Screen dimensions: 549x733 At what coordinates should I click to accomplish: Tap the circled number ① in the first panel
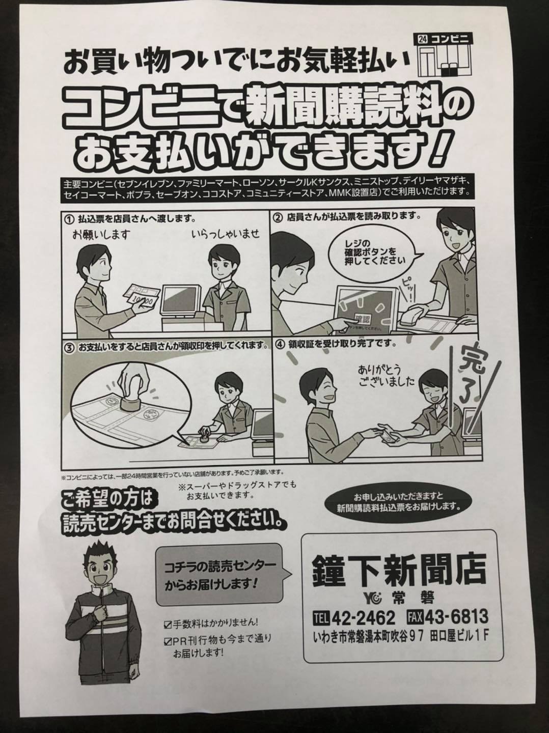click(x=69, y=219)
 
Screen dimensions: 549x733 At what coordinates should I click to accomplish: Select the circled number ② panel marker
click(x=278, y=218)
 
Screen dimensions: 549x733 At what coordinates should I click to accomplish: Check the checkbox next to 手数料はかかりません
click(x=168, y=624)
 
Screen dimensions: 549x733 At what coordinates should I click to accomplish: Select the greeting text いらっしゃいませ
click(x=226, y=234)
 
